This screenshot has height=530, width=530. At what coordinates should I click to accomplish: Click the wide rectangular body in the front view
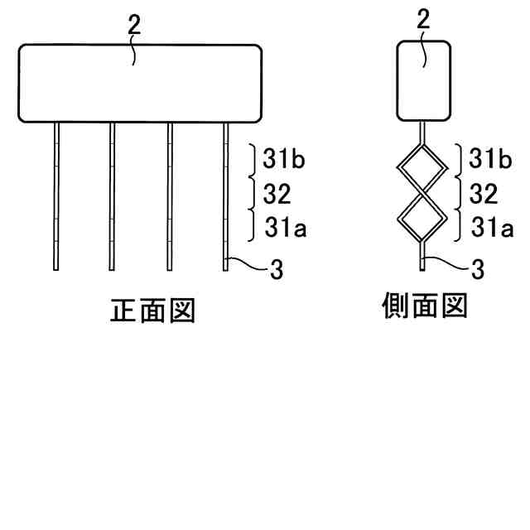(x=140, y=83)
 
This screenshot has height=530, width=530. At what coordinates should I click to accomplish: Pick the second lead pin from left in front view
(x=112, y=196)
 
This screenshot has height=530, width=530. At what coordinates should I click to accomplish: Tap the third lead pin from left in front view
(x=169, y=196)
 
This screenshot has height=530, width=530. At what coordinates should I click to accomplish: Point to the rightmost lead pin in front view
(x=225, y=196)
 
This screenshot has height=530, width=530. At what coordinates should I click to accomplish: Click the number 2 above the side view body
(x=423, y=21)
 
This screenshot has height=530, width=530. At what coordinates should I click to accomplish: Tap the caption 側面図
(x=423, y=306)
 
